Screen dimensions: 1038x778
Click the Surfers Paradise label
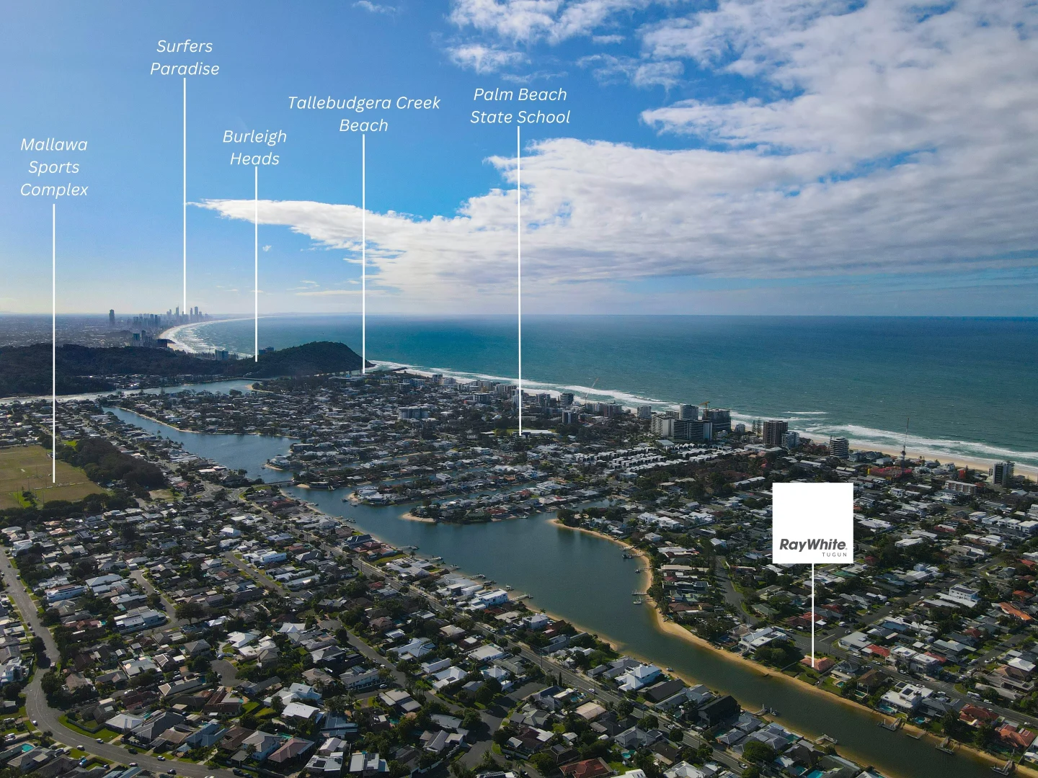tap(185, 58)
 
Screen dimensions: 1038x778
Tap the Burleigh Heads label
tap(255, 148)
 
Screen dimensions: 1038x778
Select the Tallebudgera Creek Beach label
tap(363, 114)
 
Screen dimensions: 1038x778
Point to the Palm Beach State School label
tap(520, 106)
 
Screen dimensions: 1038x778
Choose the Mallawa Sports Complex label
tap(54, 166)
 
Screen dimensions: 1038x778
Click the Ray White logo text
tap(812, 545)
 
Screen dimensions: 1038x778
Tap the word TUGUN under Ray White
tap(835, 555)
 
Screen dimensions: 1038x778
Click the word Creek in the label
tap(418, 103)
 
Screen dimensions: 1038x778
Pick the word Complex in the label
tap(54, 190)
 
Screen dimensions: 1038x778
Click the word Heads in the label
tap(255, 158)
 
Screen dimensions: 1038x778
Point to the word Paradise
tap(185, 69)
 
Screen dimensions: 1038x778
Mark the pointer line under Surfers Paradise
tap(185, 194)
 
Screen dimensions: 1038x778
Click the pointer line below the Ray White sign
tap(813, 615)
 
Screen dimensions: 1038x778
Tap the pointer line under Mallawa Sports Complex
tap(53, 344)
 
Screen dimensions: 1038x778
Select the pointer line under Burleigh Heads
tap(257, 264)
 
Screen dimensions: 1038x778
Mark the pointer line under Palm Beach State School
tap(519, 281)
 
